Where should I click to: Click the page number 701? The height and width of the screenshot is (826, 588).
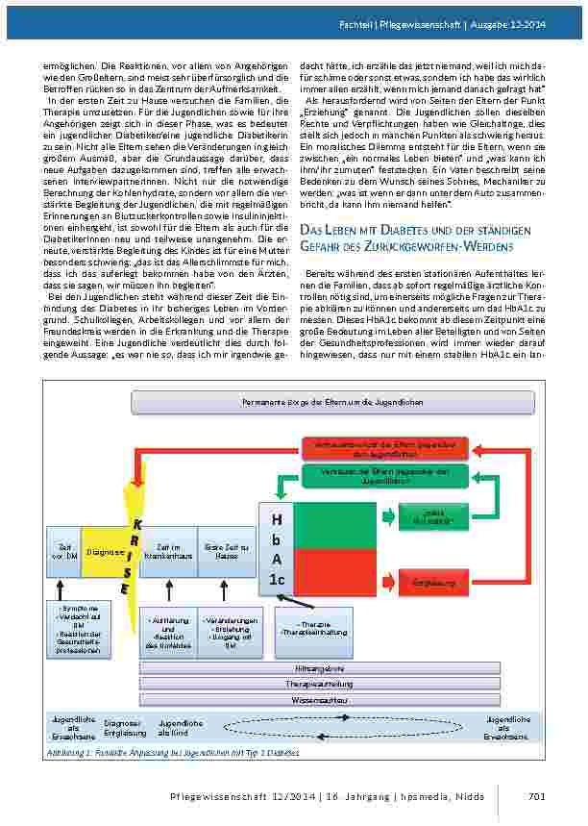pos(537,794)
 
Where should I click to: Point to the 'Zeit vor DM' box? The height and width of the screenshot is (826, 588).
pos(63,552)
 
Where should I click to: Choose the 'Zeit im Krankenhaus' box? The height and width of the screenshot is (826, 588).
pos(169,552)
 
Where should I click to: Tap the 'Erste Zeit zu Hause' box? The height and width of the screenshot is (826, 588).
pos(227,552)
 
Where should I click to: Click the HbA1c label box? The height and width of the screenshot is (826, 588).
pos(277,549)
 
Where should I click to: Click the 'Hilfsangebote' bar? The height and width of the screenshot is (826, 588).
pos(321,667)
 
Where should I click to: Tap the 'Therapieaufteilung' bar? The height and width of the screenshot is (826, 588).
pos(321,684)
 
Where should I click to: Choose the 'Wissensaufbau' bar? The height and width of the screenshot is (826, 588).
pos(321,700)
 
